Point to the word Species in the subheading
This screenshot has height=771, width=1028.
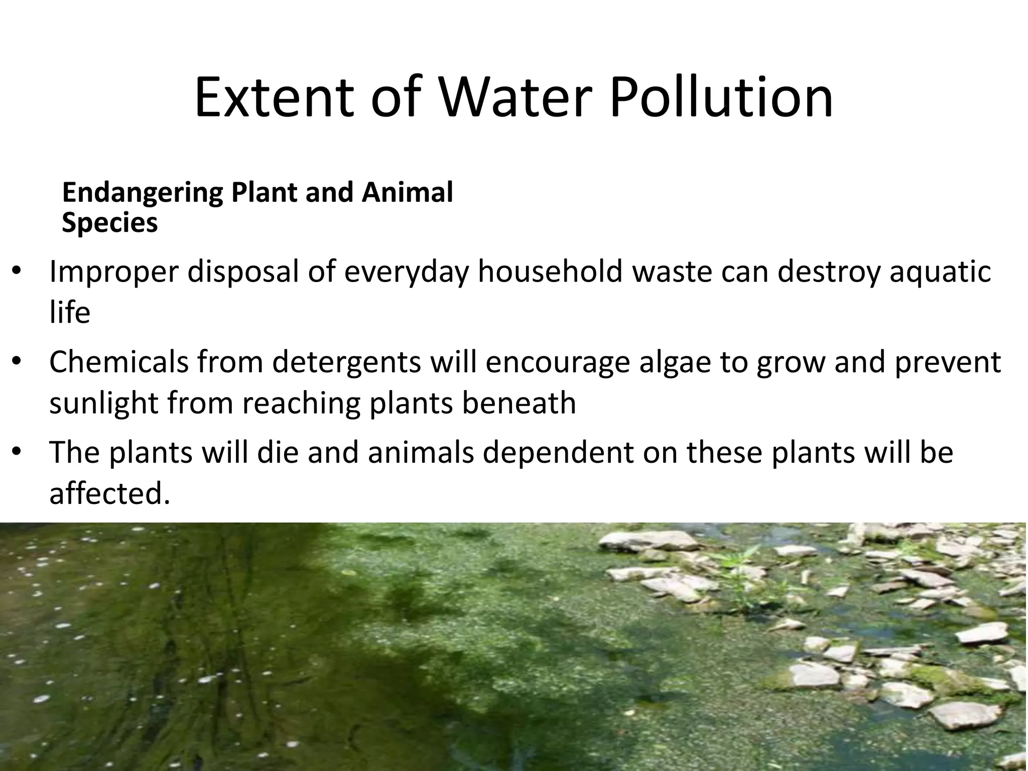tap(109, 222)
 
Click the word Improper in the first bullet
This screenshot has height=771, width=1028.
tap(113, 273)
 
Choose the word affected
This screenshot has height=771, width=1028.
tap(106, 493)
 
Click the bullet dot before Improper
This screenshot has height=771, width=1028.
tap(17, 272)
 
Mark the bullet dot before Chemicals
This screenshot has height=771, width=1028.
tap(17, 362)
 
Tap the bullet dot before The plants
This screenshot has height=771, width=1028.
tap(17, 453)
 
